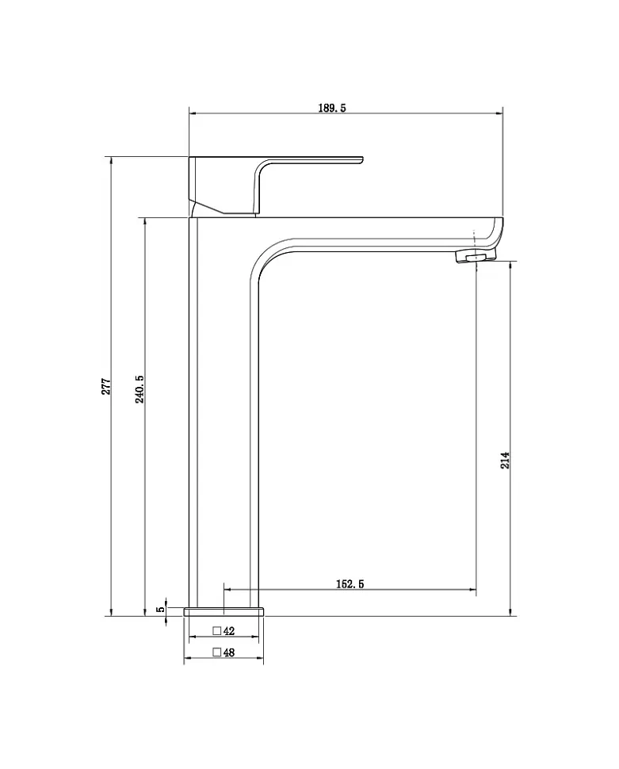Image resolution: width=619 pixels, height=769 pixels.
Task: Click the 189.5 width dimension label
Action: point(331,108)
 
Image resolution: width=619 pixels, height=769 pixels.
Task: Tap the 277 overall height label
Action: point(106,386)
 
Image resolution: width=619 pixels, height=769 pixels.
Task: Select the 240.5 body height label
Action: point(139,389)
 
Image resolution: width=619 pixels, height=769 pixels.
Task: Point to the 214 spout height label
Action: point(505,460)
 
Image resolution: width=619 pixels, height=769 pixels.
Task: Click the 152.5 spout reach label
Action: point(350,583)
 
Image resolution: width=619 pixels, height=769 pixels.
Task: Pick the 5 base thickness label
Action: point(160,609)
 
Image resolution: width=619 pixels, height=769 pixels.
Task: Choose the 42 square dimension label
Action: point(228,631)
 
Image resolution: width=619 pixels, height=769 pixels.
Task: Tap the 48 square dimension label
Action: point(228,652)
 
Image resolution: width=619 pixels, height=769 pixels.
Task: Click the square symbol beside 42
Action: point(217,631)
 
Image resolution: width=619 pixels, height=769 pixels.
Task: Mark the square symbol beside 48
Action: point(217,652)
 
